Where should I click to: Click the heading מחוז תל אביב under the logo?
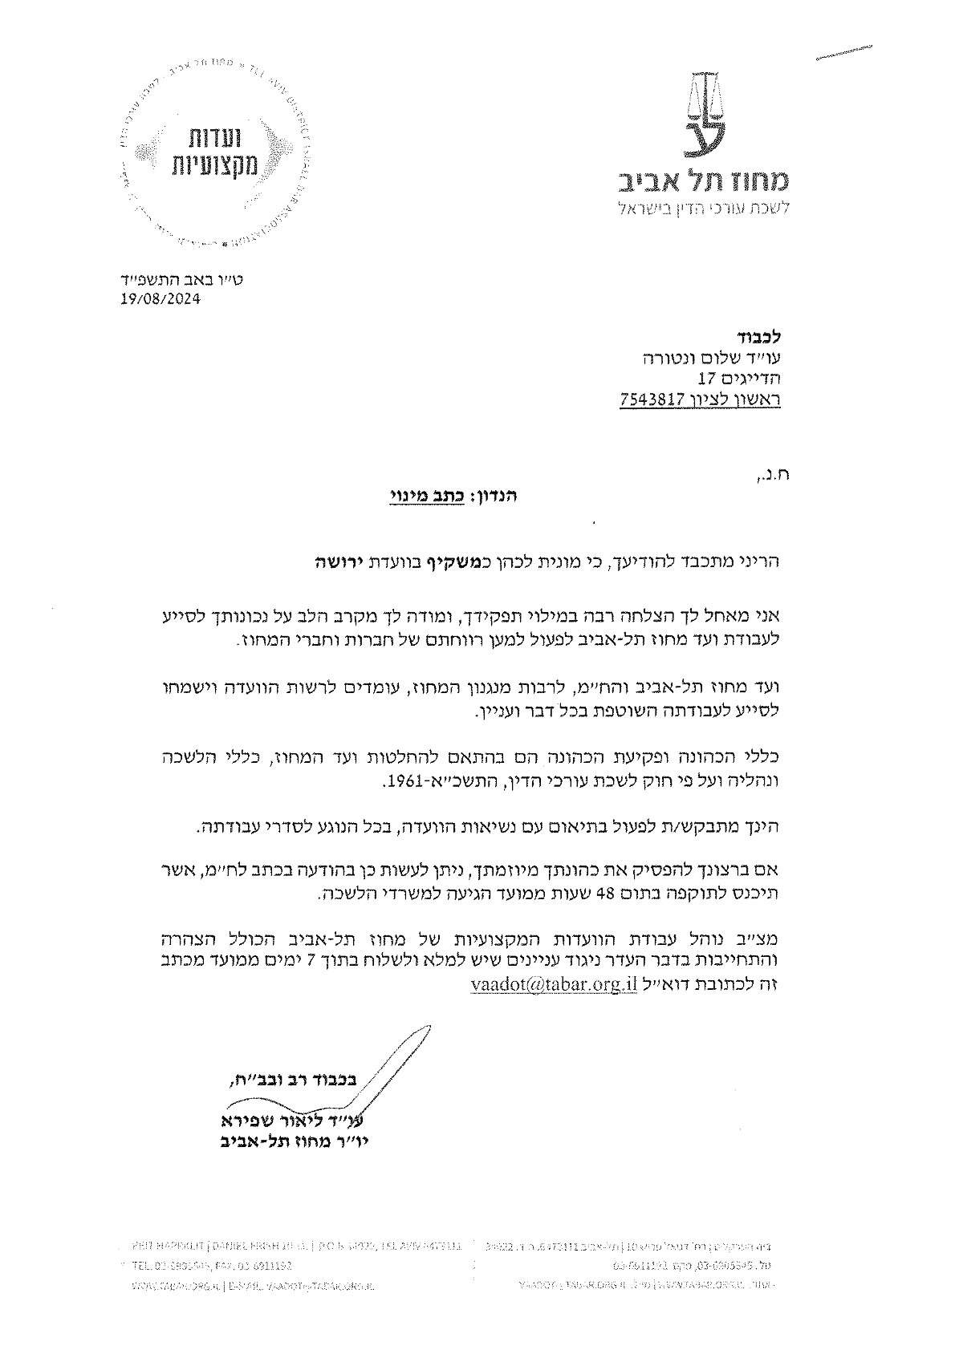[x=705, y=181]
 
